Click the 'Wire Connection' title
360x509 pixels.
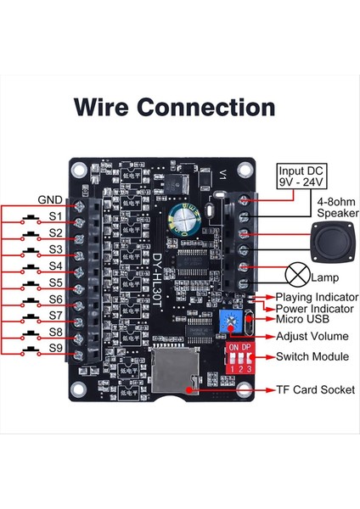[x=174, y=108]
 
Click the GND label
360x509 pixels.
[x=50, y=200]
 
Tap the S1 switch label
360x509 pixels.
[x=55, y=216]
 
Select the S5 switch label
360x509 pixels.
[x=55, y=282]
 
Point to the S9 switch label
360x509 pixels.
[x=55, y=349]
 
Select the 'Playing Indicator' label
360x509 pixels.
[x=316, y=297]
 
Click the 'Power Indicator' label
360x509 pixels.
[x=314, y=309]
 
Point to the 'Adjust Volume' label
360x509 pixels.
[x=311, y=337]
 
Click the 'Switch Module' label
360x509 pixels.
[x=312, y=356]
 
